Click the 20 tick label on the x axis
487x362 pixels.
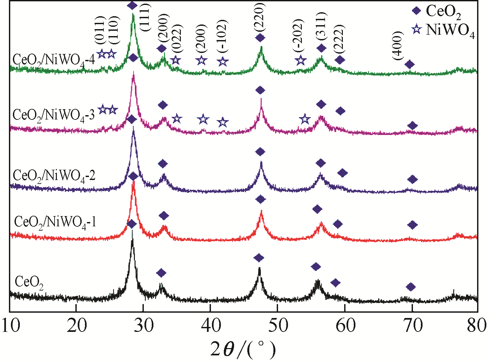coord(77,326)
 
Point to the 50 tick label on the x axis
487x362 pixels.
coord(278,326)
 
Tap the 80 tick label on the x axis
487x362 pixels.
coord(476,326)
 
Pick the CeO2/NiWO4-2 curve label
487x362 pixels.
coord(54,175)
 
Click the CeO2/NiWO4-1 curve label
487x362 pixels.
coord(55,222)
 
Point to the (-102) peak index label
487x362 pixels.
coord(223,36)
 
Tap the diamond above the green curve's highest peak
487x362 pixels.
coord(132,5)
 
